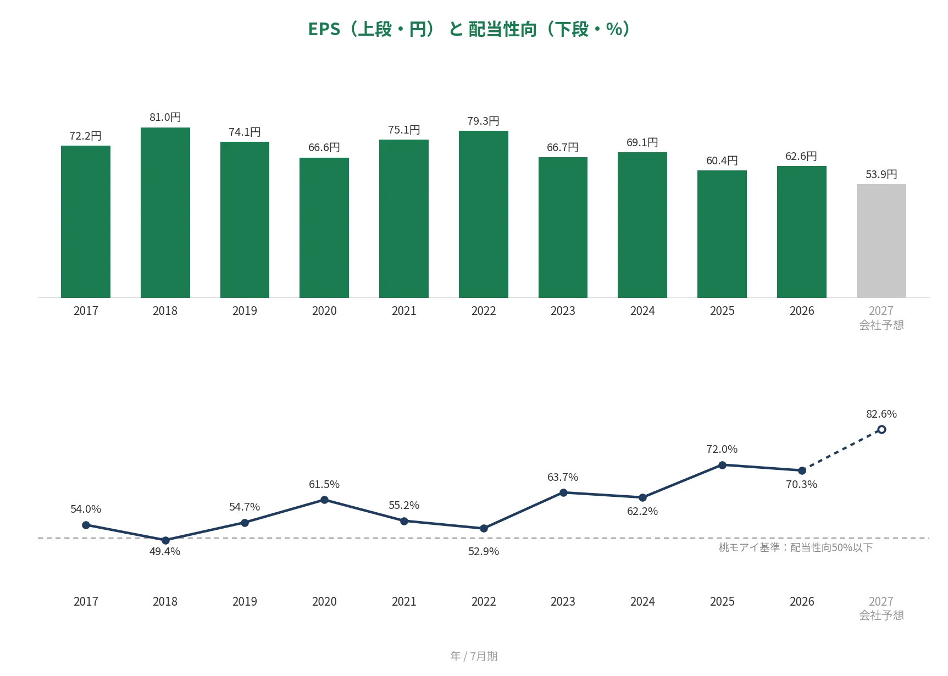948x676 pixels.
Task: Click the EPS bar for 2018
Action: coord(165,213)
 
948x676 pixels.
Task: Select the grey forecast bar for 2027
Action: coord(882,241)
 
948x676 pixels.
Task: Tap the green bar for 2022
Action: coord(484,214)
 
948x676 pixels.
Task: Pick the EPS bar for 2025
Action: coord(722,234)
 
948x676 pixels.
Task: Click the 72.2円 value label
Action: coord(86,136)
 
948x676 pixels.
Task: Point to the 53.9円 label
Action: coord(882,174)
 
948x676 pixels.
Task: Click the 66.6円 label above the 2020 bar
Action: coord(324,147)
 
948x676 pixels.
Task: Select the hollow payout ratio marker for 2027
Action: coord(882,429)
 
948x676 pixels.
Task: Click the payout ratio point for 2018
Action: coord(165,540)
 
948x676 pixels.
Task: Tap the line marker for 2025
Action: coord(722,465)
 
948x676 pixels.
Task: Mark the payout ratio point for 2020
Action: coord(324,500)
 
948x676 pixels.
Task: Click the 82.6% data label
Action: coord(882,414)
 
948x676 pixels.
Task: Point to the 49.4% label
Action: coord(165,551)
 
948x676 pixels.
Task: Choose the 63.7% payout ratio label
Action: coord(563,477)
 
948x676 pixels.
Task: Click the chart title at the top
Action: coord(469,29)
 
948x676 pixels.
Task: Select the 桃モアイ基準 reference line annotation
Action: coord(796,547)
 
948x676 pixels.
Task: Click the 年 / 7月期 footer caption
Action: coord(474,656)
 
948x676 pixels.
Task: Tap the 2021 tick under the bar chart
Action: coord(404,311)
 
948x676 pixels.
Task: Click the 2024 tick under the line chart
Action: coord(642,602)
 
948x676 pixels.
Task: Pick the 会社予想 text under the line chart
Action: coord(882,616)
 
